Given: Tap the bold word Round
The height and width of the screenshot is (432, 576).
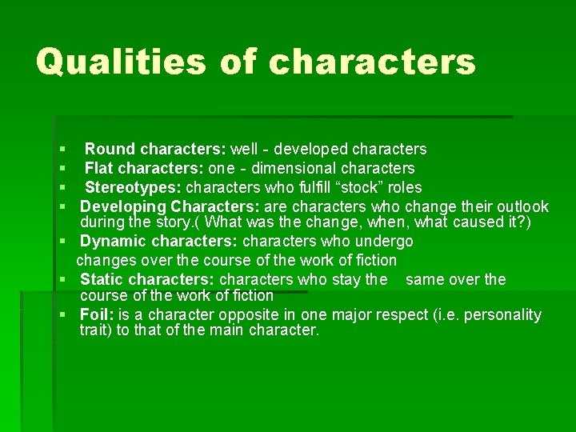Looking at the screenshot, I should [110, 149].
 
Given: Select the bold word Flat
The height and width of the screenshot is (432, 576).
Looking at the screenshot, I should [100, 168].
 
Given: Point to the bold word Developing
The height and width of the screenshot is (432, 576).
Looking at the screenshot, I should [124, 206].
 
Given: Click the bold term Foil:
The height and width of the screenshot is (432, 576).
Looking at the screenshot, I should [97, 314].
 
